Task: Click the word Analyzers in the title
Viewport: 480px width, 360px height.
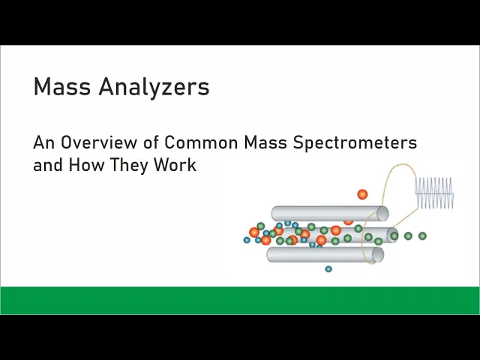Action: pos(154,87)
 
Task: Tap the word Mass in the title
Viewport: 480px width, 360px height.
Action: pos(62,87)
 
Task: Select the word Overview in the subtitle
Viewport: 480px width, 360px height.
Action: pos(98,142)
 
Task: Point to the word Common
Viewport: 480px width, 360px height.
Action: pos(201,142)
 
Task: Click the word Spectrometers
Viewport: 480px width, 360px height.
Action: pos(355,143)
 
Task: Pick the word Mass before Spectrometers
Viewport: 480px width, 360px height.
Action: pos(265,142)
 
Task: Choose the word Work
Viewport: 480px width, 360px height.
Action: pos(175,164)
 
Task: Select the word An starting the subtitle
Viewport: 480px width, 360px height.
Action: pos(44,142)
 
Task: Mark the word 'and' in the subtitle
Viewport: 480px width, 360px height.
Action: pos(48,164)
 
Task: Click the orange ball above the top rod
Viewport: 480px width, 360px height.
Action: pos(362,194)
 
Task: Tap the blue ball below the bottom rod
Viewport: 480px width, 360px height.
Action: pos(328,269)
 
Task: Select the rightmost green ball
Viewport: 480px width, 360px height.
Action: pos(422,236)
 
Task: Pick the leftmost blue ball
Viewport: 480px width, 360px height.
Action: pos(247,240)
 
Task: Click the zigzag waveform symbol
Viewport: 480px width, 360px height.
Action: pos(434,193)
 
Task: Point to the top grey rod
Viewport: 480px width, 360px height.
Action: pos(330,213)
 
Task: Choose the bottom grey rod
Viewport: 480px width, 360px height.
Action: pos(325,255)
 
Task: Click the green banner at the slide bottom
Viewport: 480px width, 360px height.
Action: pos(240,300)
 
